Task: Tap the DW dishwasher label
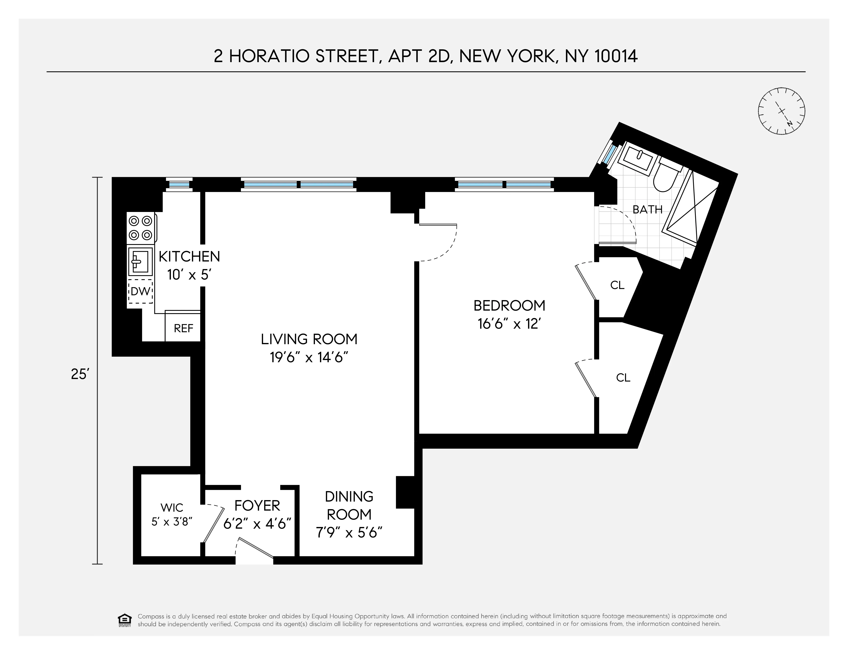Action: pyautogui.click(x=140, y=291)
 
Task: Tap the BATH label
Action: pyautogui.click(x=647, y=209)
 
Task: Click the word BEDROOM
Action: pyautogui.click(x=509, y=306)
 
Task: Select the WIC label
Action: pyautogui.click(x=172, y=507)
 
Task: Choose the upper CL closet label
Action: pyautogui.click(x=617, y=285)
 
